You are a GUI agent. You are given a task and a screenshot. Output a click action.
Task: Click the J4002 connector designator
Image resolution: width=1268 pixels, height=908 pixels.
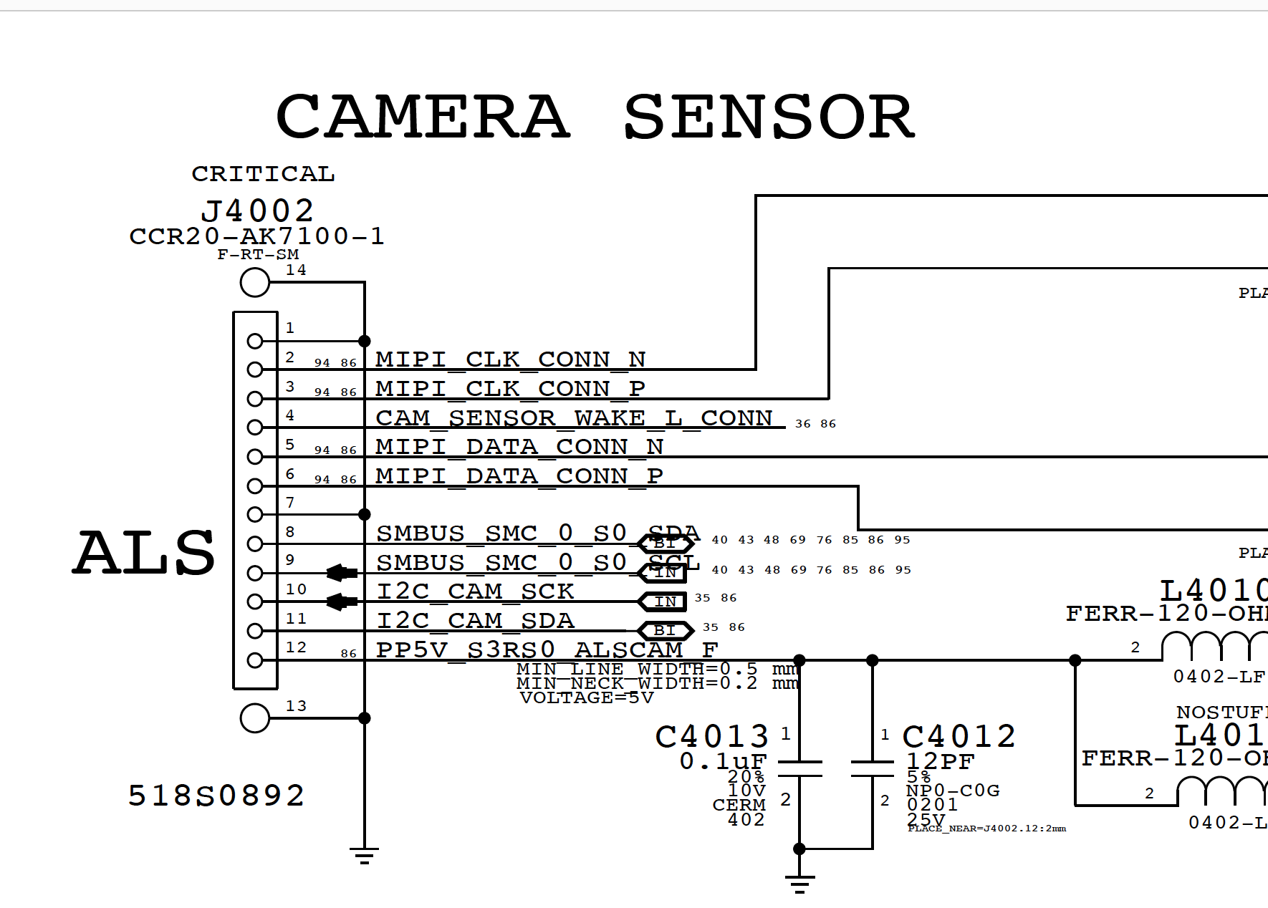[258, 211]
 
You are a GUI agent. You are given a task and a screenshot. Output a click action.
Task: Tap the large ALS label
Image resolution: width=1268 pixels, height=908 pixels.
[144, 554]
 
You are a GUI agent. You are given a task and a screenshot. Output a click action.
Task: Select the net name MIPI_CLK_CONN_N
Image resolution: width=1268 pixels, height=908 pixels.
[511, 359]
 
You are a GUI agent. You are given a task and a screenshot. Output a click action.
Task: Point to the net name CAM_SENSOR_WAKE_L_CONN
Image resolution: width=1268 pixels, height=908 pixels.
[575, 417]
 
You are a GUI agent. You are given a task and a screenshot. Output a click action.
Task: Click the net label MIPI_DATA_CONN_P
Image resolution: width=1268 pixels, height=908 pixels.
[519, 475]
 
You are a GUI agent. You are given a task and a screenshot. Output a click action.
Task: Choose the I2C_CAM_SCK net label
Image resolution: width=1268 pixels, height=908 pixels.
[476, 591]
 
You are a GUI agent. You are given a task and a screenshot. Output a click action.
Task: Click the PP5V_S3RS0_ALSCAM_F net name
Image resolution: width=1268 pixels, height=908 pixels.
[547, 649]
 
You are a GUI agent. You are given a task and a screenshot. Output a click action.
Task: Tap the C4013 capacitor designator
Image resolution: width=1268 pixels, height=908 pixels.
[712, 737]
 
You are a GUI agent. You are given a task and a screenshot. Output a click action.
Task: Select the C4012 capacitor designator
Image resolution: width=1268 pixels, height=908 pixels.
[959, 737]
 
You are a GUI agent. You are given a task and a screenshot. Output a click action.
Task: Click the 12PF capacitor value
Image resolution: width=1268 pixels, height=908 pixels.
[940, 761]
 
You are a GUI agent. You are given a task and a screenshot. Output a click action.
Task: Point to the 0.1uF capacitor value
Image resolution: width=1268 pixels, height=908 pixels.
[723, 761]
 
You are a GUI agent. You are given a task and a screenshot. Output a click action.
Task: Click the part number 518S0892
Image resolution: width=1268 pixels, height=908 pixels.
[216, 796]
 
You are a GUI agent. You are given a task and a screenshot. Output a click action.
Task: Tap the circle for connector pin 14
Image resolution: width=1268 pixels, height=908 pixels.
[255, 282]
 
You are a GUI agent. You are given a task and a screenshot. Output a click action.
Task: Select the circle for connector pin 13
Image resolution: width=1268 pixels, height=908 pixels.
[255, 718]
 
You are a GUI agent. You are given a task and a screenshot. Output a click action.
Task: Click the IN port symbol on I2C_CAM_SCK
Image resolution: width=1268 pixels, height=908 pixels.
[664, 602]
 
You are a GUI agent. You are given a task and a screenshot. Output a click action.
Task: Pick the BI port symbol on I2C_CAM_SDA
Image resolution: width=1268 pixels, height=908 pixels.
[665, 631]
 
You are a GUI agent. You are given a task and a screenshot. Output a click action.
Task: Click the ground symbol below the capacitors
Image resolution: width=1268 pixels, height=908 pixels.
[799, 883]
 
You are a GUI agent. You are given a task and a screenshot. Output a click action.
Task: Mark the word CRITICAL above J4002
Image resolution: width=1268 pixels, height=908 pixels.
[263, 174]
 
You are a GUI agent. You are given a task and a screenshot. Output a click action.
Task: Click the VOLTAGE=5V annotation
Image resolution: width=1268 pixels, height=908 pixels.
[587, 698]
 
